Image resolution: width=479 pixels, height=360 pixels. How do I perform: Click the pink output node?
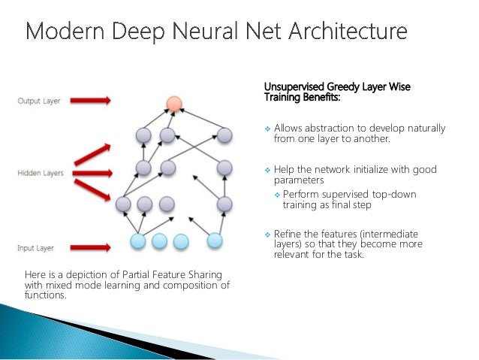173,104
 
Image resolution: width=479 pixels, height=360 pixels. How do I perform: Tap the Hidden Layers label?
40,174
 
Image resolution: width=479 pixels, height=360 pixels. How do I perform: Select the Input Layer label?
36,247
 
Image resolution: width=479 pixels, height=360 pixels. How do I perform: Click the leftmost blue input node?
138,241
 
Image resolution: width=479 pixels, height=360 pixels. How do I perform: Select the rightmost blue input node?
215,241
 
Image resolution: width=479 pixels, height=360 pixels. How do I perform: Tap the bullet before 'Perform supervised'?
276,195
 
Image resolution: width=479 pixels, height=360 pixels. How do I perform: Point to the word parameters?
299,180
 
